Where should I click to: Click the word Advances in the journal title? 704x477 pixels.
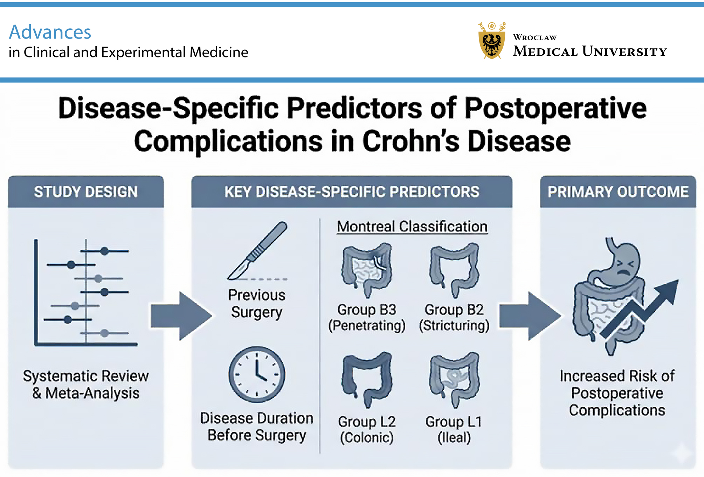(x=50, y=32)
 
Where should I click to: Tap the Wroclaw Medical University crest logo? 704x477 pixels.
(x=492, y=41)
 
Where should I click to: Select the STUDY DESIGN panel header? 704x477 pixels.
(x=86, y=192)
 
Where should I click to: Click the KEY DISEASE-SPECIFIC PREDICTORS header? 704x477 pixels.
(x=352, y=192)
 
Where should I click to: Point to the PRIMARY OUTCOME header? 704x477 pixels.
(x=618, y=192)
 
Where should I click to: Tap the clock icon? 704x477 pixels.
(x=257, y=374)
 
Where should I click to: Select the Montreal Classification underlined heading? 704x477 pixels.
(x=412, y=227)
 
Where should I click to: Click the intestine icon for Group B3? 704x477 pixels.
(x=367, y=270)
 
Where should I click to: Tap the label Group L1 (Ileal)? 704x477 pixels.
(x=454, y=429)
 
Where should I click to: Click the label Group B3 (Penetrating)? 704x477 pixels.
(x=367, y=317)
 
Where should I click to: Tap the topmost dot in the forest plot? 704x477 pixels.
(x=104, y=251)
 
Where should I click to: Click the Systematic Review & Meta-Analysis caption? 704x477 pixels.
(x=86, y=384)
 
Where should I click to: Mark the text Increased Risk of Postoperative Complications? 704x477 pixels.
(x=617, y=393)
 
